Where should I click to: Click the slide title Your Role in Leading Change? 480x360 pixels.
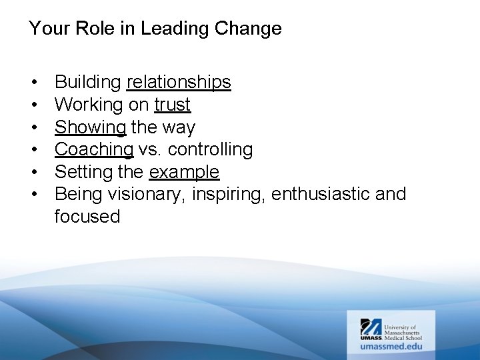(155, 29)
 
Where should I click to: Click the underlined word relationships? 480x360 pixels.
(179, 82)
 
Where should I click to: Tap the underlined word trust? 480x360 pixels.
(172, 105)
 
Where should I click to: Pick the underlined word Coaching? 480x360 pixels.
(94, 149)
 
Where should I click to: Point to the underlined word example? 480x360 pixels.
(184, 172)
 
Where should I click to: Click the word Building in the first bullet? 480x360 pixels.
(88, 82)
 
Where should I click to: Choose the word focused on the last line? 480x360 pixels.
(87, 217)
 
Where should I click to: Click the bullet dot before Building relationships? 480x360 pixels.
(33, 83)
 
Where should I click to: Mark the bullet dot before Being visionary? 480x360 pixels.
(33, 195)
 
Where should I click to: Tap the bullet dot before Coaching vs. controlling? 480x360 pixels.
(33, 150)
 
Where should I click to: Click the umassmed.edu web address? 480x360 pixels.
(390, 347)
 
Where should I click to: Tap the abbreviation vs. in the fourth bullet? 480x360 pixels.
(147, 149)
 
